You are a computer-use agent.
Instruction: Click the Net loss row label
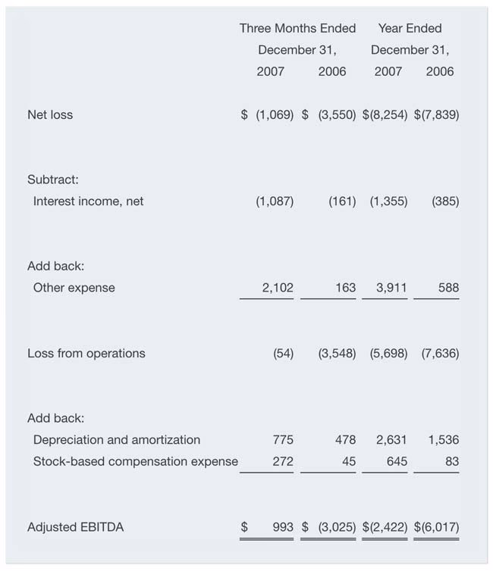point(50,115)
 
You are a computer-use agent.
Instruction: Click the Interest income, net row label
point(88,201)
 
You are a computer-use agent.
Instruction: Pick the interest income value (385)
point(444,201)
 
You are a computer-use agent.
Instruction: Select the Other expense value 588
point(447,288)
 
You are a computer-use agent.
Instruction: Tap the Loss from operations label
point(86,353)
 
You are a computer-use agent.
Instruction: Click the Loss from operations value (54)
point(282,353)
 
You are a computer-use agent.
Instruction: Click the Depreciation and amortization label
point(117,439)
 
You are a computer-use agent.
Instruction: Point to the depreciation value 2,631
point(391,439)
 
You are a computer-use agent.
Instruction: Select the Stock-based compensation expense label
point(135,461)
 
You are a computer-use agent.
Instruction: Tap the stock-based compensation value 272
point(282,461)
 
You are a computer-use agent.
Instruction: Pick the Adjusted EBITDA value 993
point(282,526)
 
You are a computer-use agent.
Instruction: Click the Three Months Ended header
point(297,28)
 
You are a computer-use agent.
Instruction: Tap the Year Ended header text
point(410,28)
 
